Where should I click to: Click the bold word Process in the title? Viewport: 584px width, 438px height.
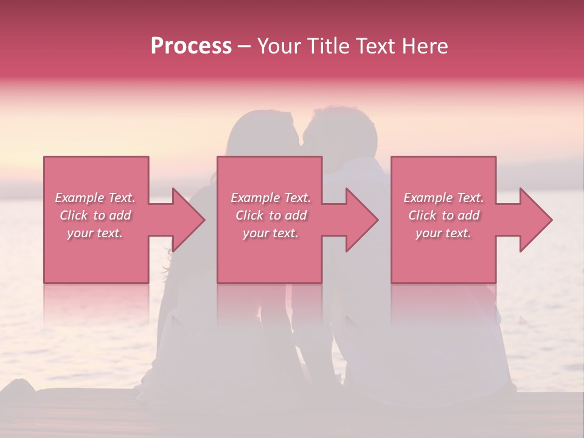pyautogui.click(x=191, y=46)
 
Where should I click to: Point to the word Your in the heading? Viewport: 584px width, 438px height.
pyautogui.click(x=280, y=46)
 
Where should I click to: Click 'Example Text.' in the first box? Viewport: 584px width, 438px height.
pyautogui.click(x=96, y=198)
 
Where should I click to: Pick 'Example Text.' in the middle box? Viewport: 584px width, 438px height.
pyautogui.click(x=271, y=198)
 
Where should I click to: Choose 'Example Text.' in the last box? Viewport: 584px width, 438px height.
pyautogui.click(x=443, y=198)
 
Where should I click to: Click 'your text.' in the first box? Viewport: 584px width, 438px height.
pyautogui.click(x=95, y=233)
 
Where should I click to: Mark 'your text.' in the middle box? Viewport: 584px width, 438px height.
pyautogui.click(x=270, y=233)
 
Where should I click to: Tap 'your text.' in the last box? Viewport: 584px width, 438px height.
pyautogui.click(x=443, y=233)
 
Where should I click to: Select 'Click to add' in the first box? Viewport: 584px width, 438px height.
pyautogui.click(x=96, y=215)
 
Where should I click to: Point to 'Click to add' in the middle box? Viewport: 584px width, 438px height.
pyautogui.click(x=271, y=215)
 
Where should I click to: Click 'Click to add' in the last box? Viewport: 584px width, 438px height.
pyautogui.click(x=443, y=215)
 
